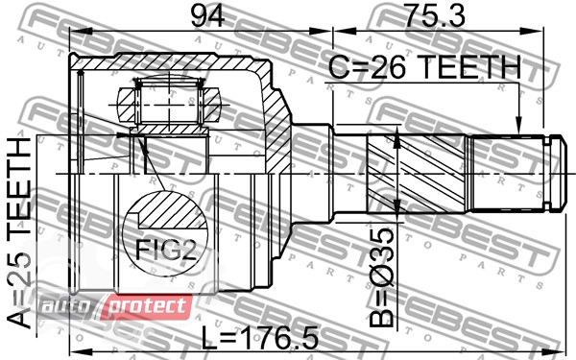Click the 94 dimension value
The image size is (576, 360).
coord(206,16)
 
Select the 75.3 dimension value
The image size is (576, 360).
coord(435,15)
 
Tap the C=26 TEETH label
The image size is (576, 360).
coord(424,67)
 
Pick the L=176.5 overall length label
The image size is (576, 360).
coord(260,339)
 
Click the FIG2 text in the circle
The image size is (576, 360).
coord(166,249)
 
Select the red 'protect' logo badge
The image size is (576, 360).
coord(146,307)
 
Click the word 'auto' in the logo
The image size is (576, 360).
coord(66,306)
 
